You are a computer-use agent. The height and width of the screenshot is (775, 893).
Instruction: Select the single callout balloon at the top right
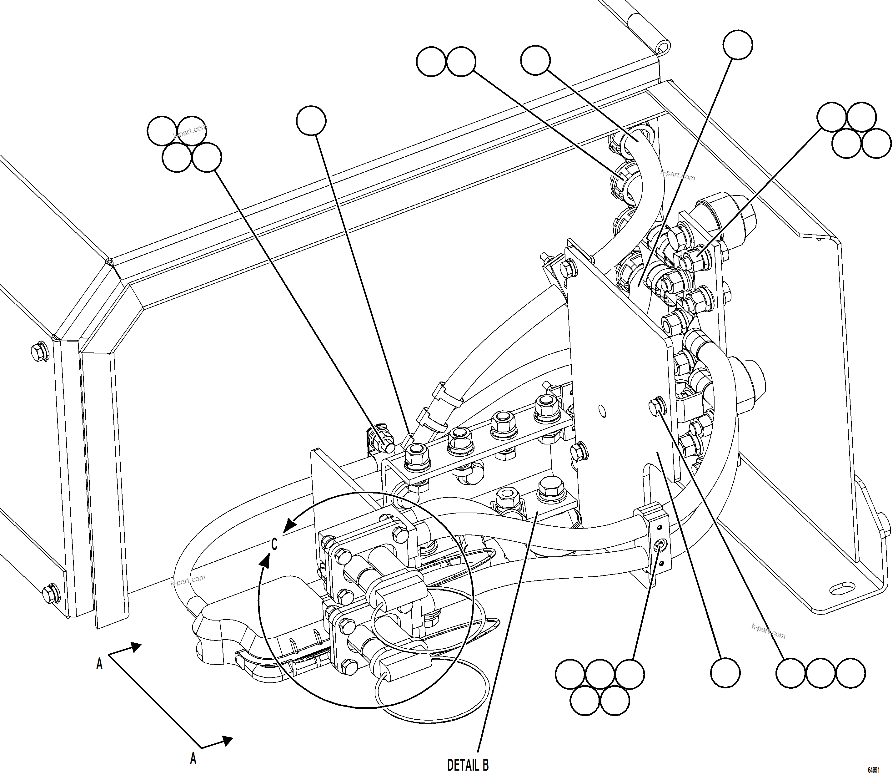click(738, 44)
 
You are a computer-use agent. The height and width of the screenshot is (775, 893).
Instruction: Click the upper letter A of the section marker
click(99, 664)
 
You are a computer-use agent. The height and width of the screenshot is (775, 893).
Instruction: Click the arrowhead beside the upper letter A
click(135, 647)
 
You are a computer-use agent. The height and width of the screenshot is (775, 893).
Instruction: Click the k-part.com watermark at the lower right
click(768, 631)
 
